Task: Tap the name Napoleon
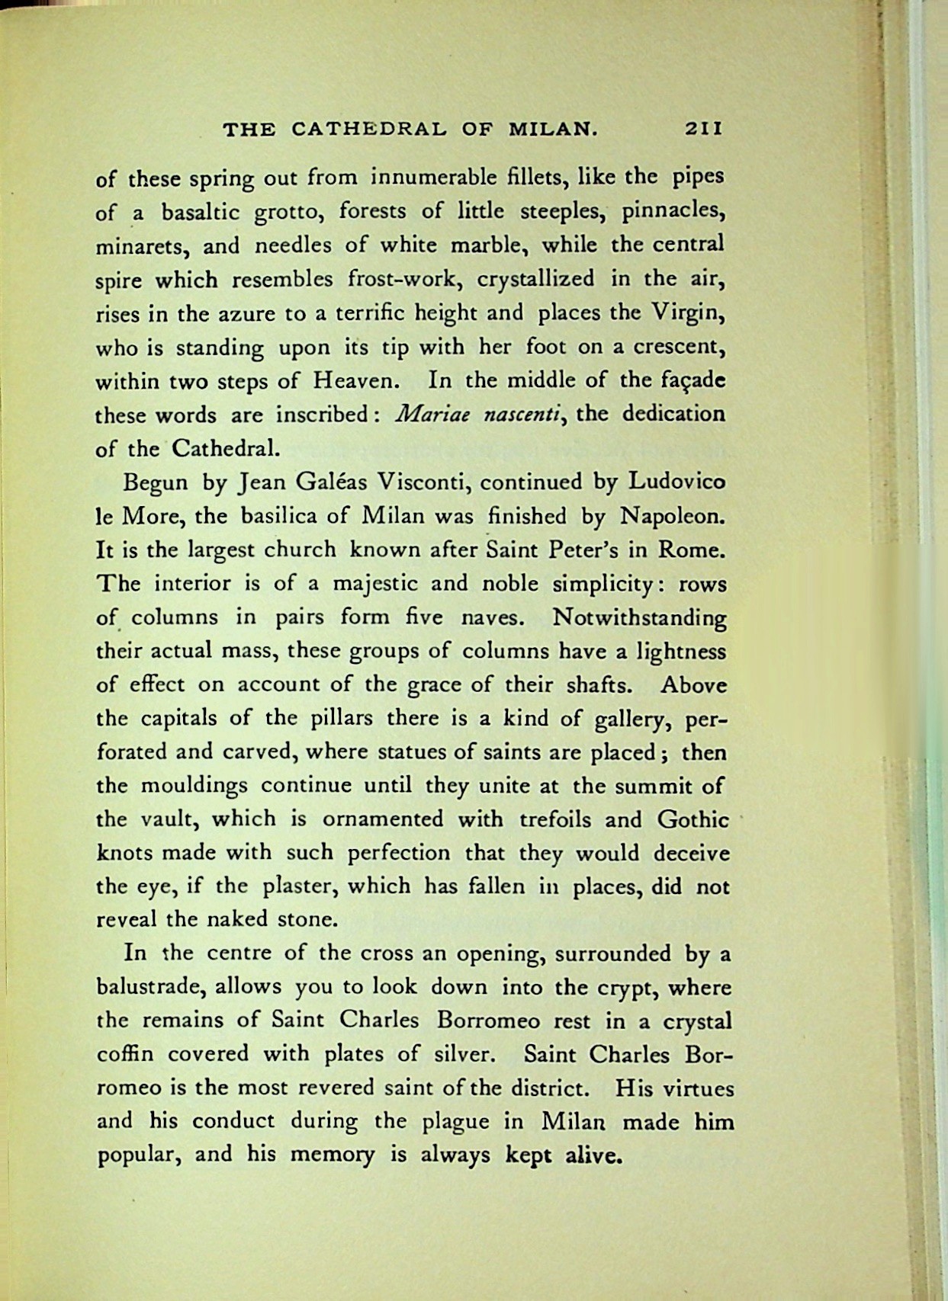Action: point(671,517)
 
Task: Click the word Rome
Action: point(689,550)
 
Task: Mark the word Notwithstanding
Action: point(639,617)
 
